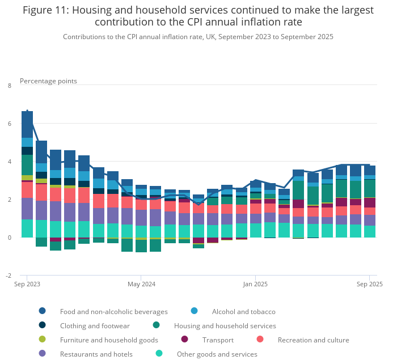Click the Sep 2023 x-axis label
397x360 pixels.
click(27, 283)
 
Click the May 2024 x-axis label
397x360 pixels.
click(141, 283)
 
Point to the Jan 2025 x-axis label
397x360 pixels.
click(256, 283)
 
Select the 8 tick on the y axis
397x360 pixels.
click(9, 86)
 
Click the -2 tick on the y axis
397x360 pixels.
click(8, 276)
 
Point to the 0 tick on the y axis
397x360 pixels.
click(9, 238)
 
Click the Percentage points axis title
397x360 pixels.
click(48, 81)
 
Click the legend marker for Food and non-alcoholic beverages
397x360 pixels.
click(43, 311)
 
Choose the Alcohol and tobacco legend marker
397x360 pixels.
click(195, 311)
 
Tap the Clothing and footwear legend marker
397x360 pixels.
click(43, 325)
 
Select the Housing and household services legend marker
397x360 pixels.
click(157, 325)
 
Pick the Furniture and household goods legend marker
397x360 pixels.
click(43, 340)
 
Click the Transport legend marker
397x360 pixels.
click(185, 340)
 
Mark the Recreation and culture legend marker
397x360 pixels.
click(260, 340)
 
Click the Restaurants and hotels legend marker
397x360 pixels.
click(43, 354)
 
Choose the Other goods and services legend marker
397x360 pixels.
click(159, 354)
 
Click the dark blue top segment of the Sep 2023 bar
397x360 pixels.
click(27, 124)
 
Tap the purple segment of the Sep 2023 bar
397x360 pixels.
click(27, 209)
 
